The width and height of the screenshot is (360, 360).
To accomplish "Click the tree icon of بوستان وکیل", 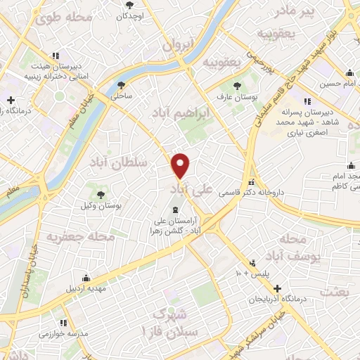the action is (101, 195).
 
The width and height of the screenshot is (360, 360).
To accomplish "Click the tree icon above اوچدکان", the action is (129, 4).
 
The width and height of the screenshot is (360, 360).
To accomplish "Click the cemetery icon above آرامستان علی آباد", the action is (176, 211).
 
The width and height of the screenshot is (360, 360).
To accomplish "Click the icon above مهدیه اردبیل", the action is (86, 277).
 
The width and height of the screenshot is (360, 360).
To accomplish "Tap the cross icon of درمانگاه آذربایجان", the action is (278, 288).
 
